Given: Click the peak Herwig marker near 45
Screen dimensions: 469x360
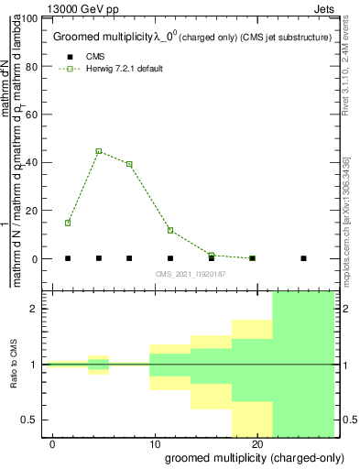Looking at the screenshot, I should pyautogui.click(x=99, y=151).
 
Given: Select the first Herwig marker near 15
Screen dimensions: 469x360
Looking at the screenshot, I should pyautogui.click(x=68, y=223).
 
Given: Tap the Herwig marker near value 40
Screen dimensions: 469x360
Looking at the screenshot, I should pyautogui.click(x=129, y=164).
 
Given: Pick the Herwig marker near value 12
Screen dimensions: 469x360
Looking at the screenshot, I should pyautogui.click(x=170, y=231).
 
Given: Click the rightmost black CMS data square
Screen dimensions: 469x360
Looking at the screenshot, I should pyautogui.click(x=303, y=258).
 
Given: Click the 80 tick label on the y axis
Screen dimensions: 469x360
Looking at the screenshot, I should pyautogui.click(x=30, y=66).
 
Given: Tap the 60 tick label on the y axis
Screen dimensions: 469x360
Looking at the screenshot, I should pyautogui.click(x=30, y=115).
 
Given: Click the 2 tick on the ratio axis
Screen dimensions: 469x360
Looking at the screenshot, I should pyautogui.click(x=34, y=309).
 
